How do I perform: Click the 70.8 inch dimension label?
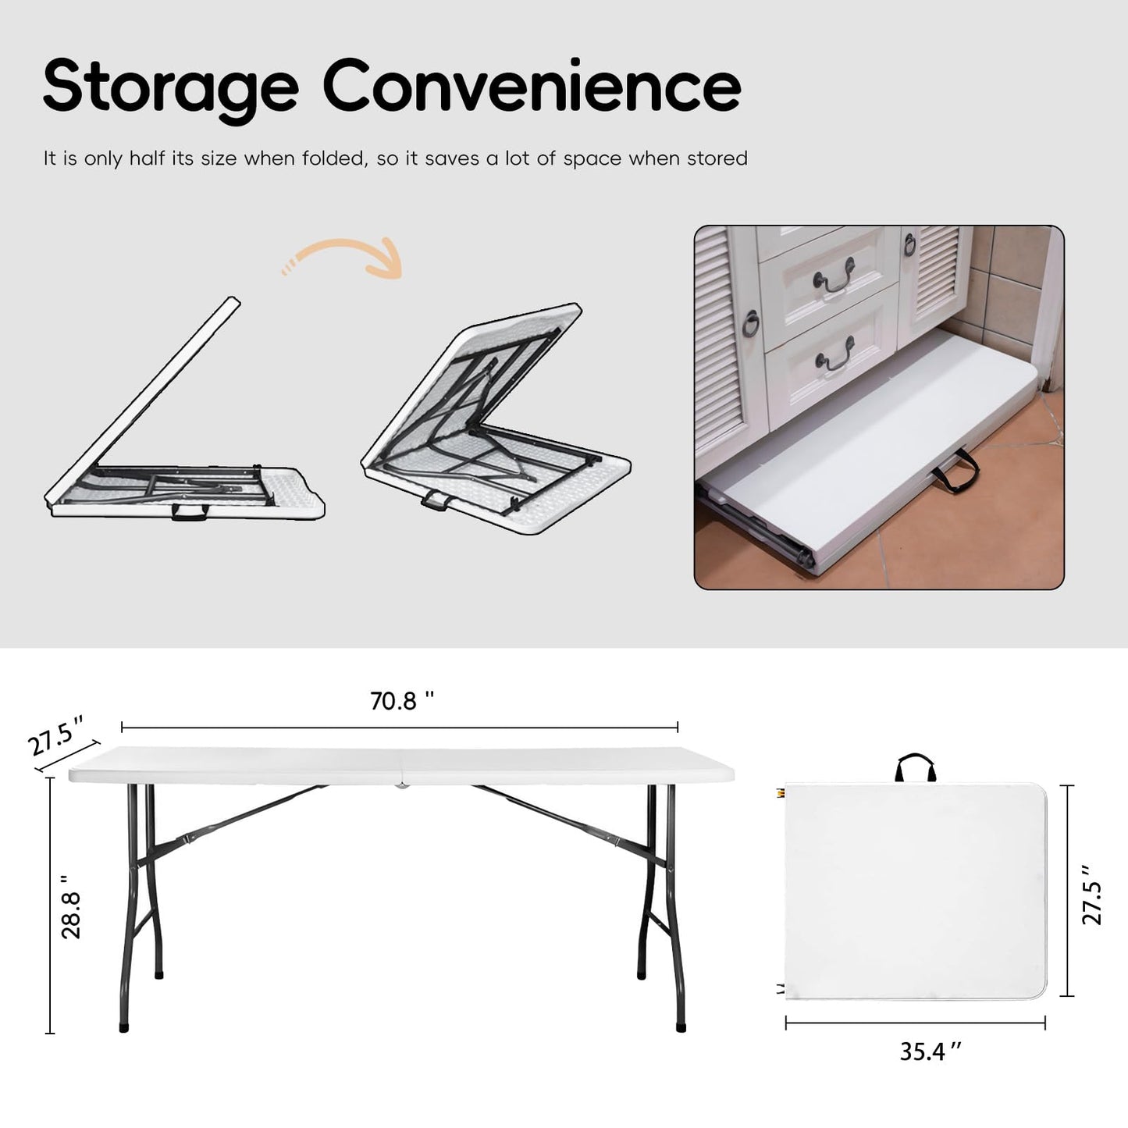[401, 701]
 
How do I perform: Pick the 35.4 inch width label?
[931, 1052]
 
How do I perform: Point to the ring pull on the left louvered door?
[751, 323]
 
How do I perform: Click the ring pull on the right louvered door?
[909, 245]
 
